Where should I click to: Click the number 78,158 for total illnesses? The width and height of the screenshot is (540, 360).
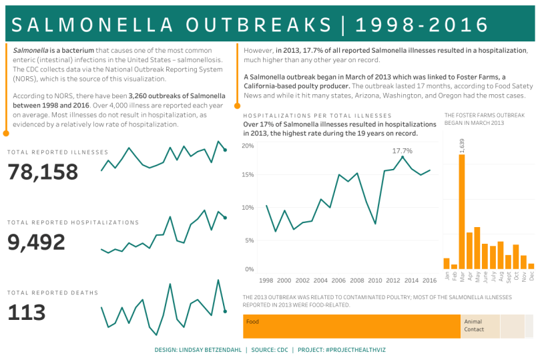43,172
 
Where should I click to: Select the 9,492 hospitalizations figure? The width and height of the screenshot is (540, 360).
37,242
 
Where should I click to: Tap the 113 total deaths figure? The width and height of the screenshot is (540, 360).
27,313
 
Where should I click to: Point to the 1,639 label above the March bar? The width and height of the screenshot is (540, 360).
462,146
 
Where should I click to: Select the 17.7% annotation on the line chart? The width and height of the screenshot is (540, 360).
402,150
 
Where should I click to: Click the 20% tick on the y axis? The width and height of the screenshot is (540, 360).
248,146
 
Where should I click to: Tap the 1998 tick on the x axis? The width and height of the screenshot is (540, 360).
266,281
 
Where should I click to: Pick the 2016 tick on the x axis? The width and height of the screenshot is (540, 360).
430,281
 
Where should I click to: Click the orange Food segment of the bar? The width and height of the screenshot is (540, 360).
351,326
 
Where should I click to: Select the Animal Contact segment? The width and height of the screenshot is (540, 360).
480,326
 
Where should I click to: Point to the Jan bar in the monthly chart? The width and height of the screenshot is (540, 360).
447,263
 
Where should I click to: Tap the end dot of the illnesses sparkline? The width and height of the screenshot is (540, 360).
225,150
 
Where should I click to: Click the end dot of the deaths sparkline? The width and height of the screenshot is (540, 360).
225,311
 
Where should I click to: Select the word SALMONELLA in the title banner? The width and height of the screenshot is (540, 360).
91,25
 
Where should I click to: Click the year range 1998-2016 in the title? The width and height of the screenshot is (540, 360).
423,25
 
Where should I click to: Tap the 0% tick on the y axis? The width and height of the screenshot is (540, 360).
249,269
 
